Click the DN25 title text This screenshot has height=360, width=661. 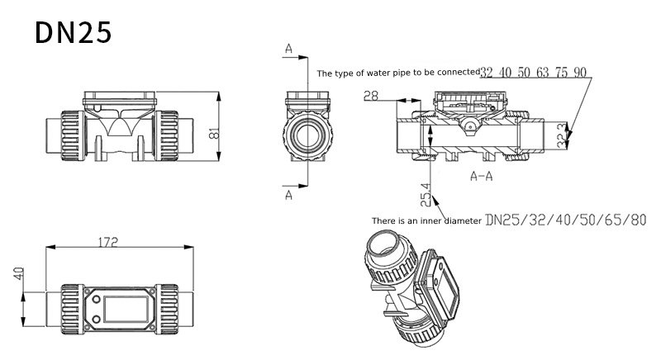(74, 33)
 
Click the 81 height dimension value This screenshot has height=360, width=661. (214, 133)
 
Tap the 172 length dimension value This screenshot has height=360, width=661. (108, 242)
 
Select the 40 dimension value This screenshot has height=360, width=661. (18, 274)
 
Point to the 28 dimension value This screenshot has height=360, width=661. (371, 96)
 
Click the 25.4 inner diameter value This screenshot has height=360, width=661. (426, 195)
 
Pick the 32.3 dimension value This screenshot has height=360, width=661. (562, 135)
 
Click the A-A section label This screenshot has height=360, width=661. (482, 176)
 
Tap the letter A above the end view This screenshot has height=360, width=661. (288, 49)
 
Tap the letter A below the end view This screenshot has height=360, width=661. (288, 195)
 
